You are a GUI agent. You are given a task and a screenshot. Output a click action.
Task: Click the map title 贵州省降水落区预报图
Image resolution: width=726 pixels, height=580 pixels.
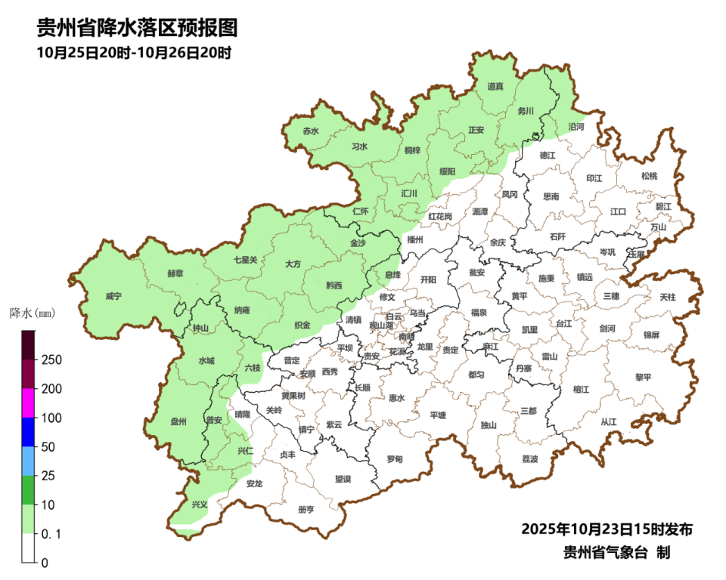click(x=137, y=29)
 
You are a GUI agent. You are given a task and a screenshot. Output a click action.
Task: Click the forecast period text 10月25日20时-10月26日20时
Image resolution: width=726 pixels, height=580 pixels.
click(x=133, y=53)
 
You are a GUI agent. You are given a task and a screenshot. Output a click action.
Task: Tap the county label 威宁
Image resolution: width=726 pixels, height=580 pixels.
click(x=113, y=297)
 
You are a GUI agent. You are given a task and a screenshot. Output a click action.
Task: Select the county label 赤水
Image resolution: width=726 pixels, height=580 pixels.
click(x=311, y=131)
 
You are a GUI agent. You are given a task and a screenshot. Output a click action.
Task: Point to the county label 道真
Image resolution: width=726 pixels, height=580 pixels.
click(x=495, y=87)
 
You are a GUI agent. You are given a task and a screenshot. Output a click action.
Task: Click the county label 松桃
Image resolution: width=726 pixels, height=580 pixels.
click(x=649, y=176)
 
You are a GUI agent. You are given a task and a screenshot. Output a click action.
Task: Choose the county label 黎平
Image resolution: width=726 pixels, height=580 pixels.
click(x=644, y=377)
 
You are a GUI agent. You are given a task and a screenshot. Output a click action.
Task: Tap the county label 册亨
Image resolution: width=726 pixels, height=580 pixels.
click(x=306, y=509)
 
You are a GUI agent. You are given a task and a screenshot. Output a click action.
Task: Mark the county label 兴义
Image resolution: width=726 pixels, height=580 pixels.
click(x=200, y=504)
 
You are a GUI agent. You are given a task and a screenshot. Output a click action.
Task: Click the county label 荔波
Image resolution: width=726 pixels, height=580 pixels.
click(x=530, y=458)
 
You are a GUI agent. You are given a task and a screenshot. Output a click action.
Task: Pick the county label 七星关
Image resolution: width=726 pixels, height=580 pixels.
click(x=245, y=260)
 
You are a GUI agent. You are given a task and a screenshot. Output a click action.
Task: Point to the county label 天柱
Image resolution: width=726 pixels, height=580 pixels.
click(x=668, y=298)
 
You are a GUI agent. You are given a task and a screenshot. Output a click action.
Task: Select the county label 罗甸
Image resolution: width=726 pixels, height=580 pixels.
click(x=394, y=458)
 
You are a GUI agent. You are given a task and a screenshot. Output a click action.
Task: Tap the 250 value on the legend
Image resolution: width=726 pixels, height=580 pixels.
click(x=51, y=359)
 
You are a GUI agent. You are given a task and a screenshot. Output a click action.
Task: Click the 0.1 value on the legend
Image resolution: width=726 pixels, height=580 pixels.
click(x=51, y=534)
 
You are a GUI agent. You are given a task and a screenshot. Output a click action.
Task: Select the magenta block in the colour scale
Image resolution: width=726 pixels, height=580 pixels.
click(x=28, y=403)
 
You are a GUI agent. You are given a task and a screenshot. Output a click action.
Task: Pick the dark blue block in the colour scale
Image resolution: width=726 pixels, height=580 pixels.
click(x=28, y=431)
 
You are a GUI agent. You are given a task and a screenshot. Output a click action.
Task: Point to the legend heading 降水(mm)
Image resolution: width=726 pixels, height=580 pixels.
click(x=33, y=312)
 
